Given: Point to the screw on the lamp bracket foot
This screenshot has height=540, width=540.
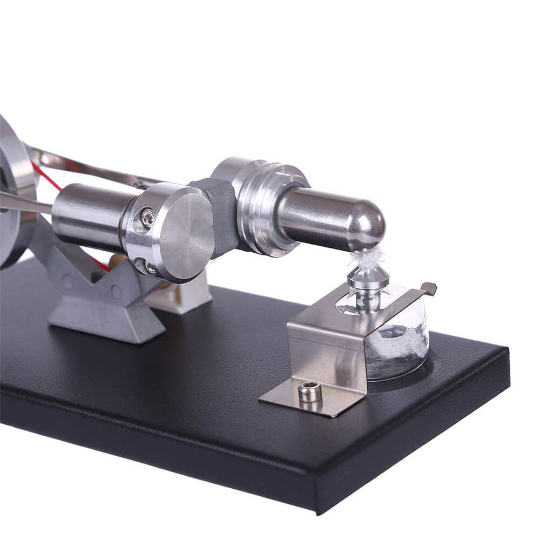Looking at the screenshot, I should [310, 391].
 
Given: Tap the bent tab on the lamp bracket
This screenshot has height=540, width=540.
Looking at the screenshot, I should [429, 289].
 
